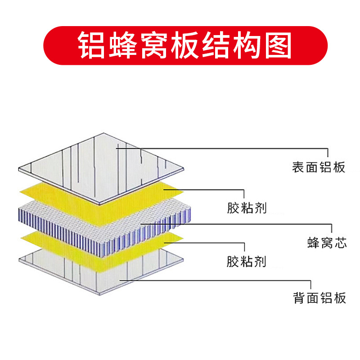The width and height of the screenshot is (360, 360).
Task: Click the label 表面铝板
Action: coord(319,168)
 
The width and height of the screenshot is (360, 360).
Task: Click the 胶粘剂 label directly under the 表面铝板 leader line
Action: coord(247,208)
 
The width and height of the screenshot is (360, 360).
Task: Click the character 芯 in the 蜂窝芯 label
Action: coord(341,243)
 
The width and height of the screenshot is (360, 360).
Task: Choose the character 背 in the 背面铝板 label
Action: coord(300,298)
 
